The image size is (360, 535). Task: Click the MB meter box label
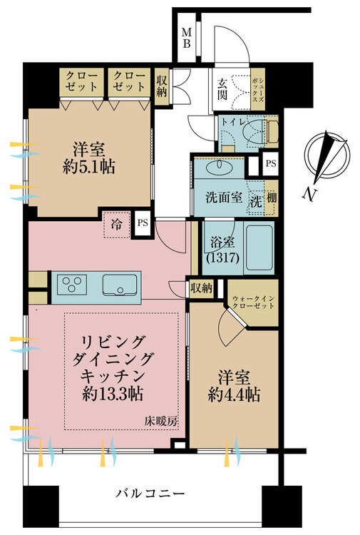[x=187, y=38]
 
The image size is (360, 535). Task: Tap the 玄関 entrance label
[x=222, y=89]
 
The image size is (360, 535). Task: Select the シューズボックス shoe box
[x=257, y=89]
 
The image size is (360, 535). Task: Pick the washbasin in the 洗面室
[x=219, y=167]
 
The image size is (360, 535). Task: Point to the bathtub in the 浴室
[x=259, y=248]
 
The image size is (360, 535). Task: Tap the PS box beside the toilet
[x=271, y=163]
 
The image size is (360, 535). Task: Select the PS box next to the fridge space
[x=143, y=223]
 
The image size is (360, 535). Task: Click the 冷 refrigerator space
[x=117, y=225]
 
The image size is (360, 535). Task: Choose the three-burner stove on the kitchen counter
[x=71, y=284]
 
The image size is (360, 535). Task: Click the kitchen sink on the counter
[x=120, y=285]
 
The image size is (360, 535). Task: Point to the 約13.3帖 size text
[x=112, y=394]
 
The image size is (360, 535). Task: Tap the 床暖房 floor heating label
[x=161, y=422]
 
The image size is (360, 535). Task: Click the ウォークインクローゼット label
[x=253, y=302]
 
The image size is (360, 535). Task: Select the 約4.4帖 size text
[x=234, y=394]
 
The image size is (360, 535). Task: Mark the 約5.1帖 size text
[x=88, y=167]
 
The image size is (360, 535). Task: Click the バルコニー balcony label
[x=150, y=494]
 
